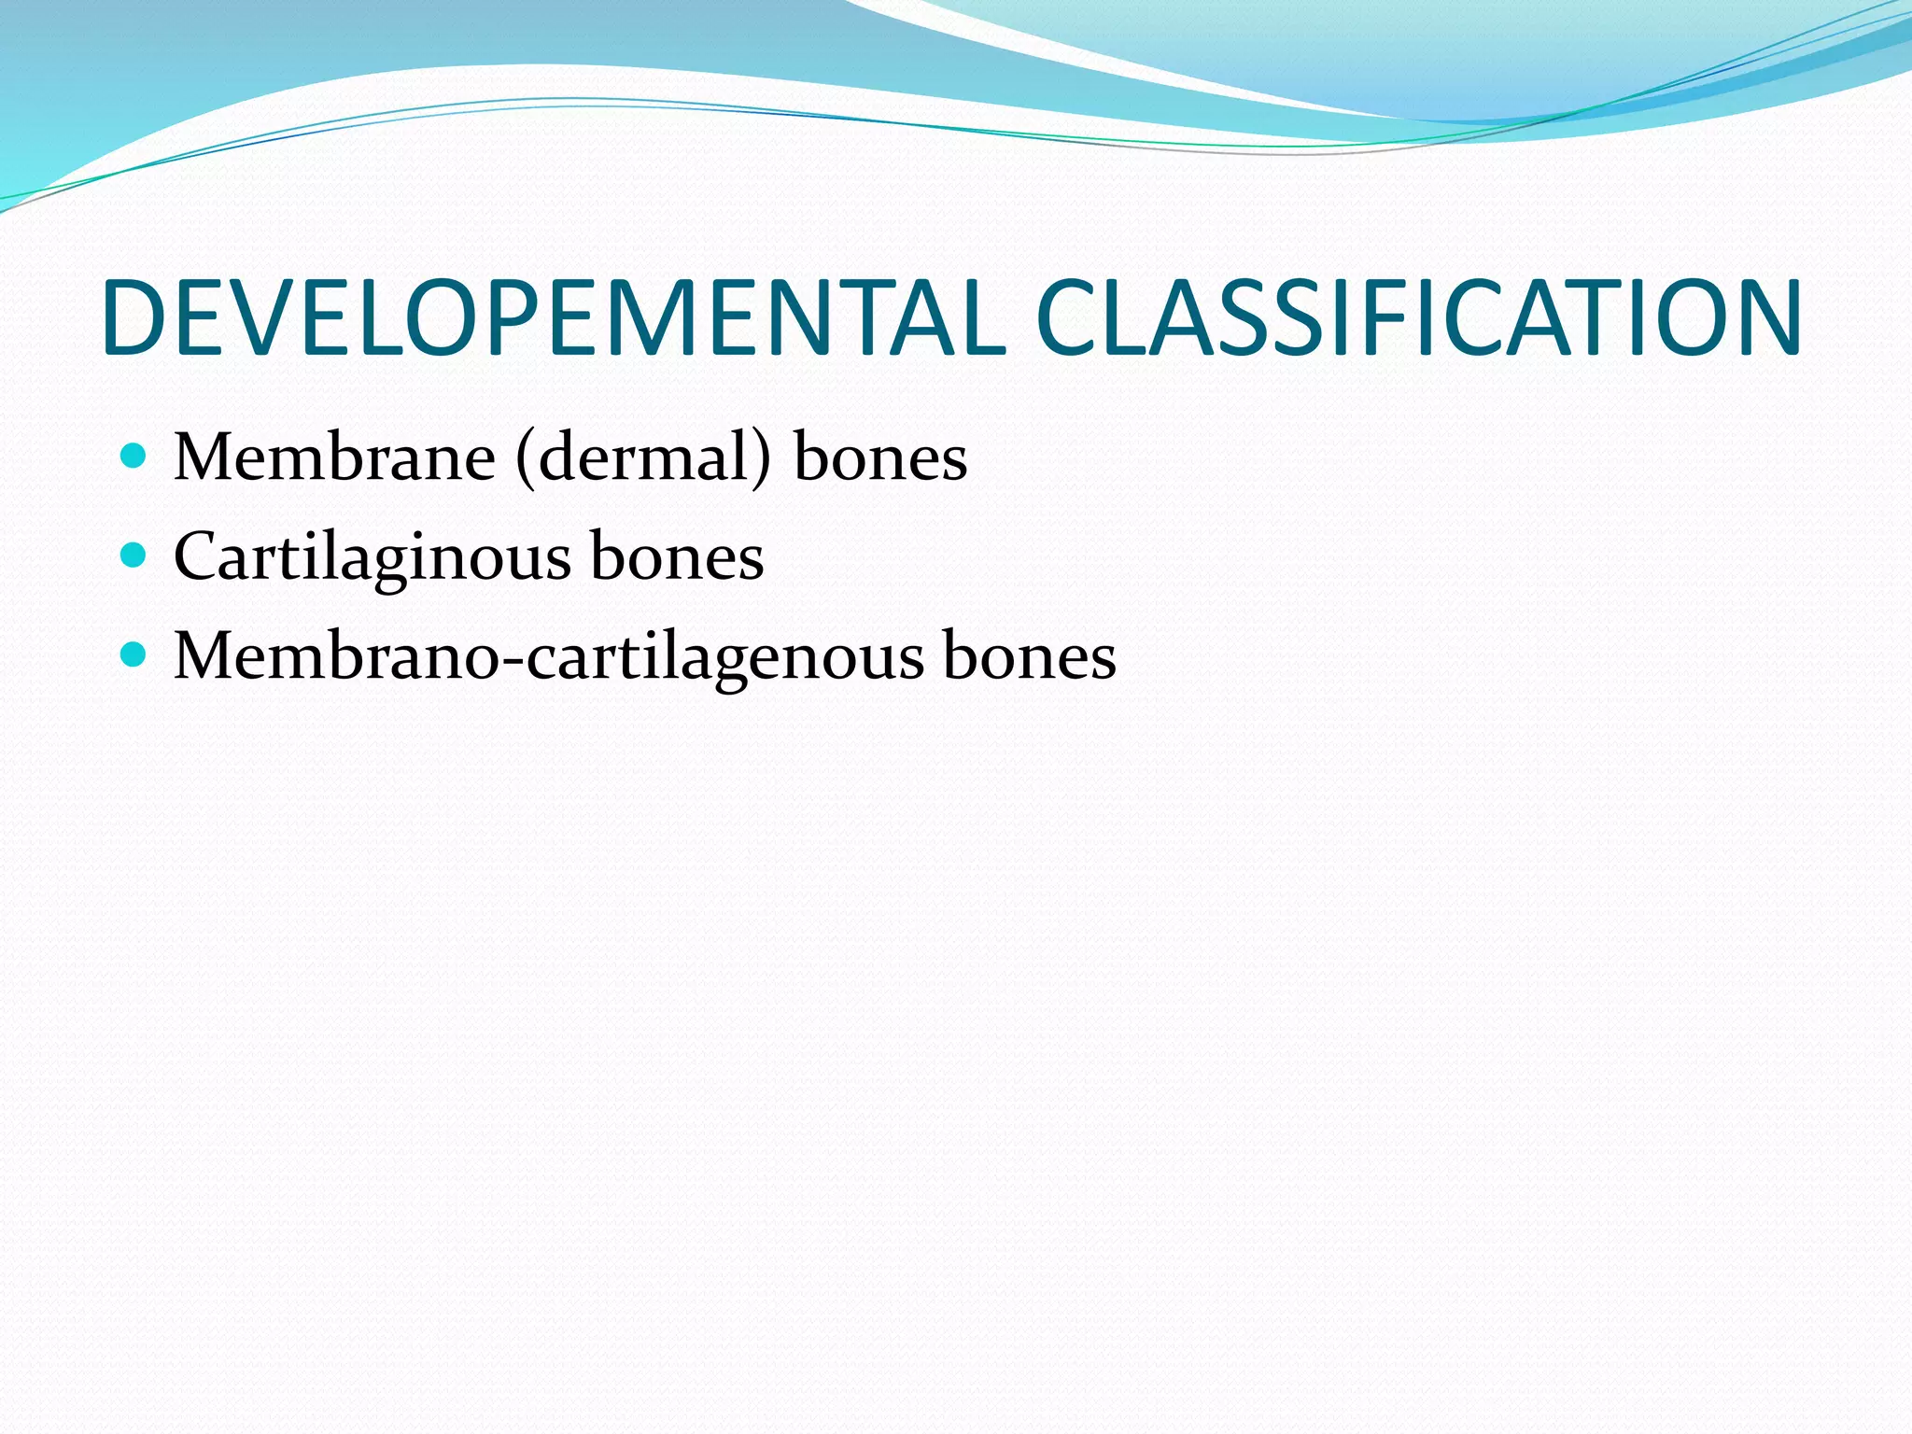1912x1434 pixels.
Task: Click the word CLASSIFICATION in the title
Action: pos(1419,318)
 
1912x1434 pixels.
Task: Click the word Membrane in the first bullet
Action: pos(334,457)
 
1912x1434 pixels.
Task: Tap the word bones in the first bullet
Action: pos(880,457)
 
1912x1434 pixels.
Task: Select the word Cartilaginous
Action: pos(373,557)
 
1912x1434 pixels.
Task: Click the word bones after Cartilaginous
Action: pos(677,557)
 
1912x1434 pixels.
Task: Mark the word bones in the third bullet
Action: pos(1029,656)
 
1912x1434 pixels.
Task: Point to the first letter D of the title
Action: pos(134,318)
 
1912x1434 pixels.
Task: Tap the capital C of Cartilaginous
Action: pos(194,557)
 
